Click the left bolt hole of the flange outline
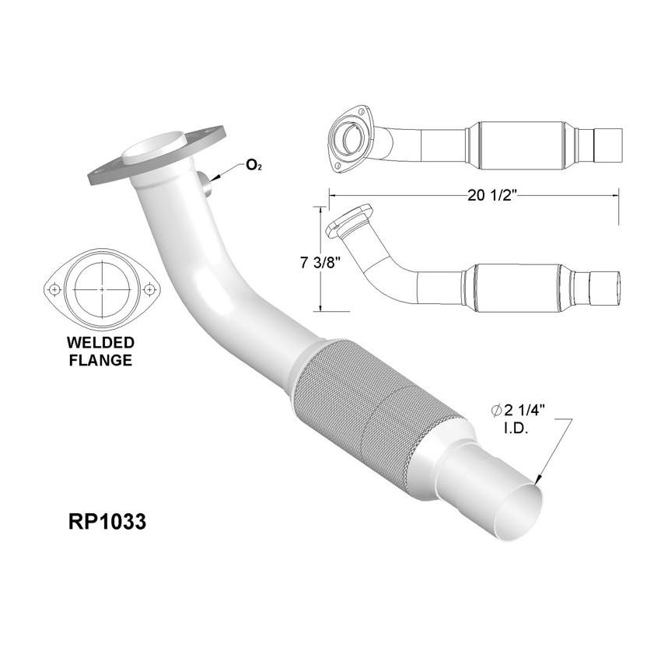coord(54,289)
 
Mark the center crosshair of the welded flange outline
coord(102,289)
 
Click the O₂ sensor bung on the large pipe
coord(206,185)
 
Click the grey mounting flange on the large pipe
coord(156,156)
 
